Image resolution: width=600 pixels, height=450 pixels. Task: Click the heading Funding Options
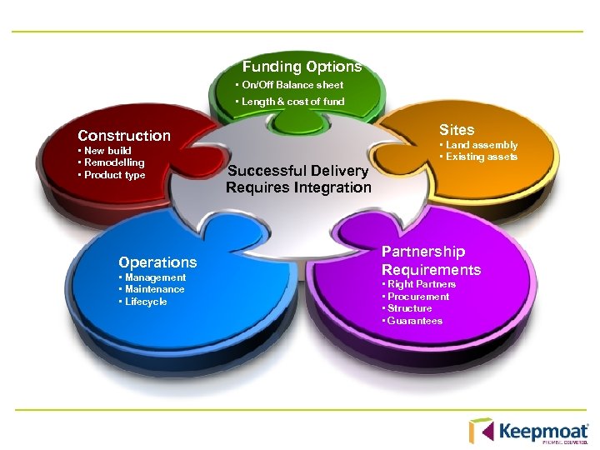(302, 67)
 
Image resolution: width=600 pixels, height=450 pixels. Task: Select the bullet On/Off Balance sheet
(291, 85)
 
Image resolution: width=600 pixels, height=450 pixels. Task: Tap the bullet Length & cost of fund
(291, 102)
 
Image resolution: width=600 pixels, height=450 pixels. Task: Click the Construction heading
(124, 135)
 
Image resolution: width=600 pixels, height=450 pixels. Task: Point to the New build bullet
(106, 151)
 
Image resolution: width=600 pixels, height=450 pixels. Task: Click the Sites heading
(457, 130)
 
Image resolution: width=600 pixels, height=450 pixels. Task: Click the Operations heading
(157, 262)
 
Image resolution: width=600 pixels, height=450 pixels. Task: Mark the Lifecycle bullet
(145, 302)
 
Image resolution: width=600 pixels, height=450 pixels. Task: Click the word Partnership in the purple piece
(423, 252)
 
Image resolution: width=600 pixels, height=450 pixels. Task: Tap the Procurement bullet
(418, 297)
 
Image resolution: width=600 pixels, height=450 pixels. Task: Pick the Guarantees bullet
(415, 321)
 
